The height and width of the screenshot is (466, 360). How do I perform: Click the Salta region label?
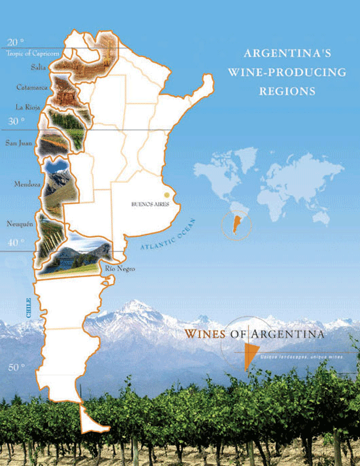coord(39,68)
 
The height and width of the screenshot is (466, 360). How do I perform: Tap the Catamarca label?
coord(31,87)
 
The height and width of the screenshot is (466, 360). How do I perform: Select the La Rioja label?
coord(29,107)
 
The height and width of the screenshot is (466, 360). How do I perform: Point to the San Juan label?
coord(20,143)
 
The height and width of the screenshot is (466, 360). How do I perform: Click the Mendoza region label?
coord(27,184)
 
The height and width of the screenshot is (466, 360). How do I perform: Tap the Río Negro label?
coord(121,270)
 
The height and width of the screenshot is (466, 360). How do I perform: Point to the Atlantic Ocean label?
coord(168,238)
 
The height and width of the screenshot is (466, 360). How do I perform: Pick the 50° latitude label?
coord(16,368)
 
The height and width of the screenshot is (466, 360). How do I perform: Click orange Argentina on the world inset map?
coord(236,222)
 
